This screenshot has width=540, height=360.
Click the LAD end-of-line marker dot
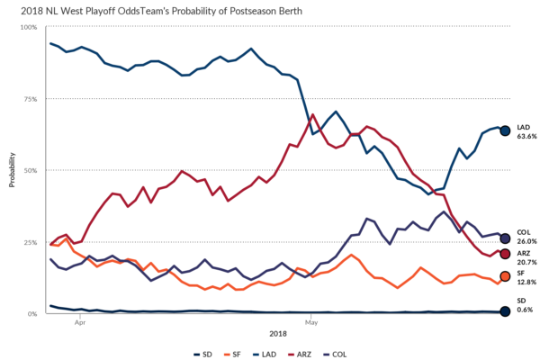coord(505,130)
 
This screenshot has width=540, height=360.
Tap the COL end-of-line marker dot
coord(505,238)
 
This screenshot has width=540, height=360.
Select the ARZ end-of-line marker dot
coord(505,254)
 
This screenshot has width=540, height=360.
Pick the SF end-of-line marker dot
coord(505,276)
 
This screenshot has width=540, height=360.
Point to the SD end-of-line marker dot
coord(505,311)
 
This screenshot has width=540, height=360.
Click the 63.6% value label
coord(526,137)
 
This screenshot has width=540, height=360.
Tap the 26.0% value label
coord(526,242)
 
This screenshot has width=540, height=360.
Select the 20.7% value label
coord(526,261)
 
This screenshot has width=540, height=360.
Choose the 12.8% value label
coord(526,282)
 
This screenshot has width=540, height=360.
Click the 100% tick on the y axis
coord(29,27)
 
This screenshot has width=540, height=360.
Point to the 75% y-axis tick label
coord(31,98)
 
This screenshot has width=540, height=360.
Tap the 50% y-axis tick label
coord(31,170)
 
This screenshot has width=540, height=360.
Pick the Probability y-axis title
coord(12,170)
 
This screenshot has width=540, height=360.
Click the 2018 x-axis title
coord(270,330)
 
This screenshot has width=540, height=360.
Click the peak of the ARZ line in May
coord(312,115)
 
